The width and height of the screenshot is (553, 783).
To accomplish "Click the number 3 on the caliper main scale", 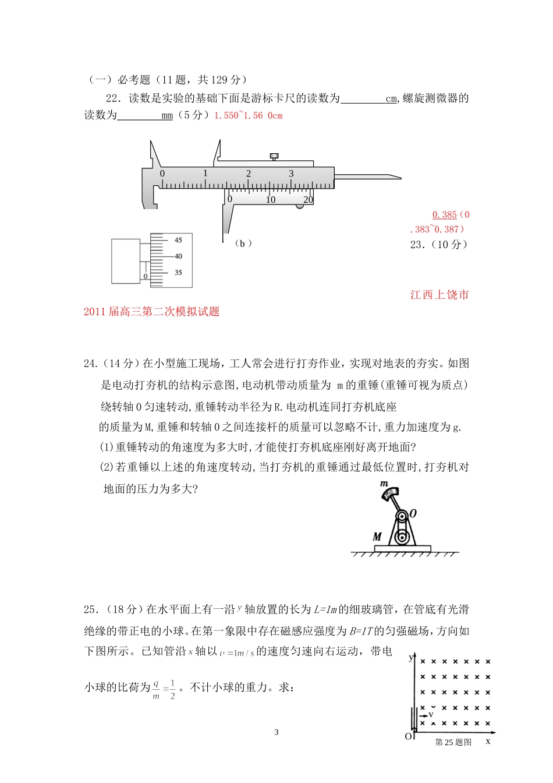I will (x=291, y=174).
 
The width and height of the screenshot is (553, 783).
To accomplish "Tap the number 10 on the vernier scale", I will (x=271, y=200).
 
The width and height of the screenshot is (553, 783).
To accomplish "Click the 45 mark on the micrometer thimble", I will (x=178, y=240).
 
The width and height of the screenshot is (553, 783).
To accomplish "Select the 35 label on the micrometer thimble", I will (x=178, y=273).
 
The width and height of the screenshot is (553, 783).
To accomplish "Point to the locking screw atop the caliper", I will (x=274, y=156).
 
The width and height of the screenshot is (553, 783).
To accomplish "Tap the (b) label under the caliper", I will (x=243, y=244).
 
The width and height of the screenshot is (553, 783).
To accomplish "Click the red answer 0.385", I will (x=445, y=215).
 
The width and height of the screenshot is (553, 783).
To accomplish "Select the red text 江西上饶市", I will (x=439, y=295).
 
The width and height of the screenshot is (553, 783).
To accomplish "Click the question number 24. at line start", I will (x=91, y=364).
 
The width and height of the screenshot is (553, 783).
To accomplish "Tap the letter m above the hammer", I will (x=384, y=484).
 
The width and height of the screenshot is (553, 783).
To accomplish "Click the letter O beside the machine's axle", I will (x=413, y=513).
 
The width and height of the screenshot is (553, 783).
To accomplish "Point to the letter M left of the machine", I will (x=377, y=537).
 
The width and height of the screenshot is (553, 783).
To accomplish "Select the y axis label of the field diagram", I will (x=411, y=657).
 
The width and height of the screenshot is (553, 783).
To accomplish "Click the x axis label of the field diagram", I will (x=488, y=741).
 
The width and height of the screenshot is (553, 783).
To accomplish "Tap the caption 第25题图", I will (x=453, y=742).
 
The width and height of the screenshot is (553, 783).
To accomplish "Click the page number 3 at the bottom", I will (x=276, y=732).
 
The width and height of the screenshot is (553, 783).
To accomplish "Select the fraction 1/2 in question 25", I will (x=173, y=689).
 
